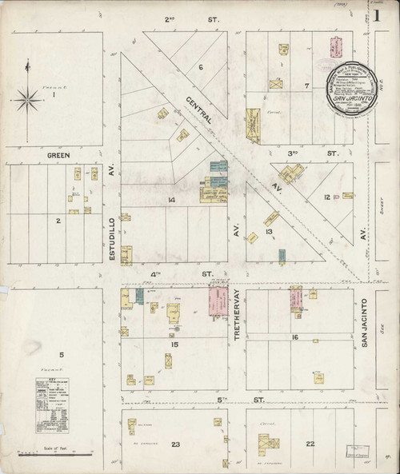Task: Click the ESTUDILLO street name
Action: [x=112, y=215]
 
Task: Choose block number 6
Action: [x=201, y=66]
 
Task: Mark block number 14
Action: [x=170, y=200]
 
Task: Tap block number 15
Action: [x=174, y=345]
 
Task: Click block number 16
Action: [x=295, y=337]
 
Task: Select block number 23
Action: [x=175, y=444]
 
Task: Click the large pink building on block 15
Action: [x=217, y=303]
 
